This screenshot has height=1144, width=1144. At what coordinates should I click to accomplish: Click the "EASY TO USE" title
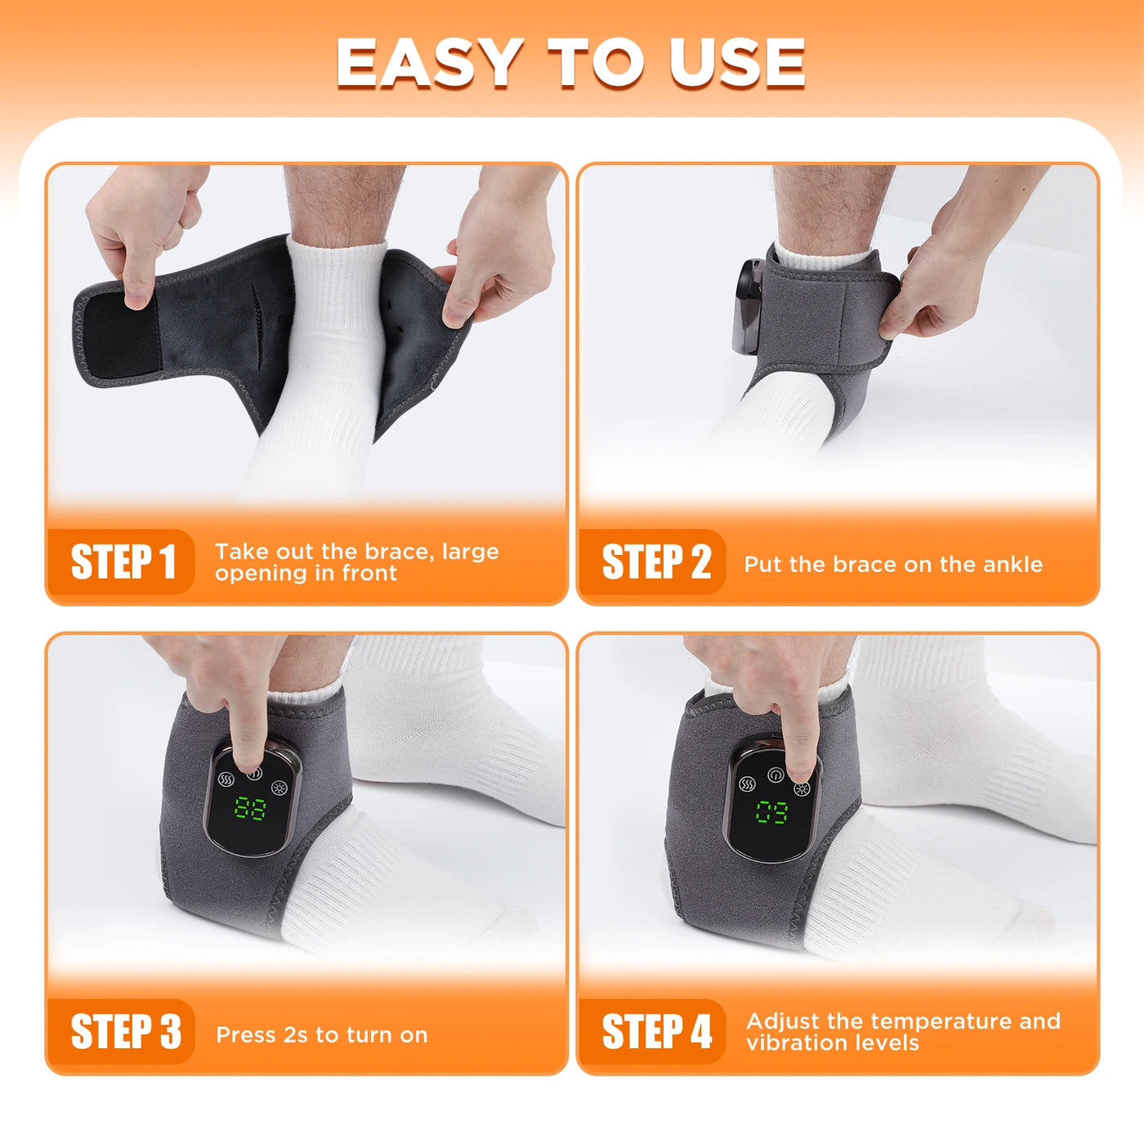570,63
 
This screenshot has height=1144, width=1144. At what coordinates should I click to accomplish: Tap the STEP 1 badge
123,562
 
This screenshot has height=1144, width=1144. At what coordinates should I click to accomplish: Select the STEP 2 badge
655,562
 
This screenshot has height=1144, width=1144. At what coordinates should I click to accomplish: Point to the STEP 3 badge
125,1031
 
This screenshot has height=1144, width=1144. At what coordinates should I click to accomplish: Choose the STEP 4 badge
656,1031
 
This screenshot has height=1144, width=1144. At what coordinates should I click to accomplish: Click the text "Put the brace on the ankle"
893,565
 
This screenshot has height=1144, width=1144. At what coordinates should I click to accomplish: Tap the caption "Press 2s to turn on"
322,1035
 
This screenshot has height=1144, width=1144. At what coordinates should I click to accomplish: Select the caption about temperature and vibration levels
903,1032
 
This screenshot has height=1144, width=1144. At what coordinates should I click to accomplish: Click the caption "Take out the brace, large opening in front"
356,562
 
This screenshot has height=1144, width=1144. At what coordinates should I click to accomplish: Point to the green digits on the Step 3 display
250,808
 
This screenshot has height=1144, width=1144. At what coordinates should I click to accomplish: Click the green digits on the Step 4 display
771,812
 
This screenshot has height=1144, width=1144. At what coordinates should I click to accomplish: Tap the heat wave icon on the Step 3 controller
226,779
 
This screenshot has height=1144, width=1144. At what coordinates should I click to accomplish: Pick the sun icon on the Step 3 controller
279,789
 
